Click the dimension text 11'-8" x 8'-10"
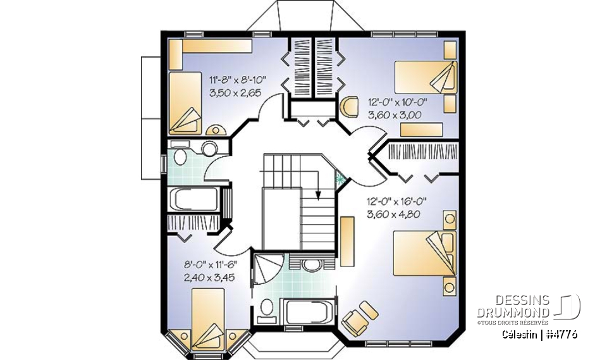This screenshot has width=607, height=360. [x=238, y=80]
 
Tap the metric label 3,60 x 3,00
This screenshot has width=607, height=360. [x=394, y=115]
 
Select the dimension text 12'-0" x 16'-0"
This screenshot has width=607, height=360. [x=397, y=202]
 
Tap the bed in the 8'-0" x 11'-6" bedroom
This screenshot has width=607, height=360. [x=205, y=317]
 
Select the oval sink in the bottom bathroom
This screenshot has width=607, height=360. [x=311, y=264]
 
